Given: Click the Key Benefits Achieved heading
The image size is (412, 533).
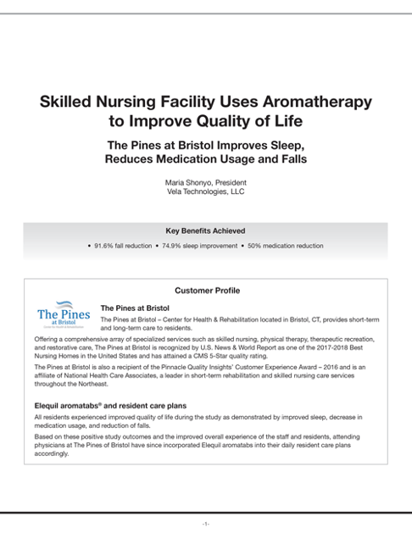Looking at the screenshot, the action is click(x=206, y=230).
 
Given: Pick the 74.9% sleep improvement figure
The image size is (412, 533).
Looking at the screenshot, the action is click(x=199, y=246).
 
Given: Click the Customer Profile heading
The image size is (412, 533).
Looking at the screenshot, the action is click(x=206, y=291).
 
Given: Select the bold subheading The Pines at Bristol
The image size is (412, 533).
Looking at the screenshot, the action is click(x=135, y=308).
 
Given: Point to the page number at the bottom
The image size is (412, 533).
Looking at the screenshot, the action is click(x=206, y=524).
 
